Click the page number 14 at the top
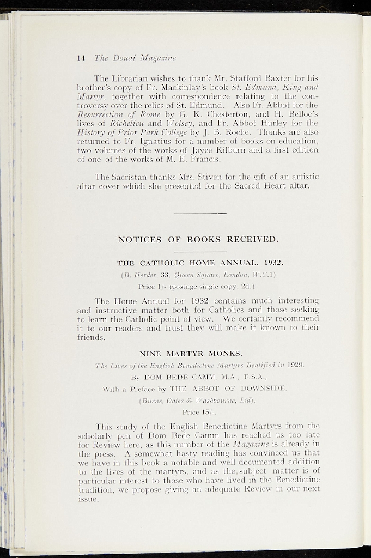pyautogui.click(x=82, y=58)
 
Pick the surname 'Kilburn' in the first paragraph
pyautogui.click(x=258, y=150)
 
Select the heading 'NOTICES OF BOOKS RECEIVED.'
pyautogui.click(x=199, y=240)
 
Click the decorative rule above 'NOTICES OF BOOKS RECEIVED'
pyautogui.click(x=199, y=213)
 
